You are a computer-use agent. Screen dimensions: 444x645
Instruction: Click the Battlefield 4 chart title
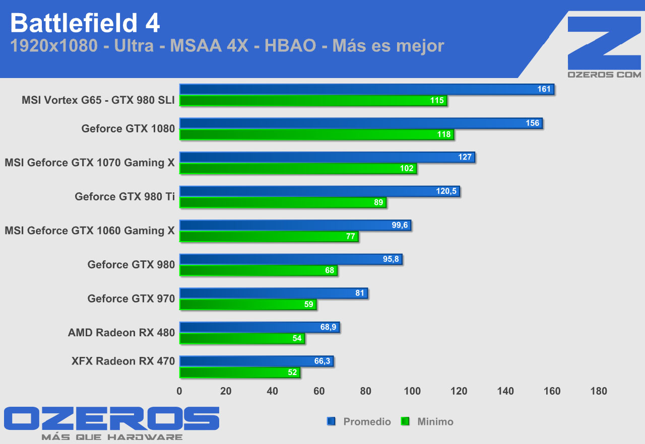85,23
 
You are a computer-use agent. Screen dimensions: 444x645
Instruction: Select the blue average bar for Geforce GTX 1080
360,123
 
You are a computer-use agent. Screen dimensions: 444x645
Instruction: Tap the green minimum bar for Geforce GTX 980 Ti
282,202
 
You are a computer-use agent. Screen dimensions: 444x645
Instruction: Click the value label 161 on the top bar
544,89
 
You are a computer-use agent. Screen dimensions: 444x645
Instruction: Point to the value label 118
444,134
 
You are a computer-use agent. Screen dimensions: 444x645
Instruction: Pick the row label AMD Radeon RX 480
121,333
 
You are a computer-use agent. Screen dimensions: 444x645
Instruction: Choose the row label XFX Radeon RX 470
123,361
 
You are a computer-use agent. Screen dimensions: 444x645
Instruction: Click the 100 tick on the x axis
412,391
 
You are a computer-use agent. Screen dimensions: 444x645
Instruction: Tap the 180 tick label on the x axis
599,391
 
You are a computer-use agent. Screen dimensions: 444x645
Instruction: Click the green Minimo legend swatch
405,421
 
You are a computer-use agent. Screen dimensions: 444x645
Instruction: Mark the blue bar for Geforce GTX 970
273,293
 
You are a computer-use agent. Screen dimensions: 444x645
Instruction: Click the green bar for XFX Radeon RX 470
239,373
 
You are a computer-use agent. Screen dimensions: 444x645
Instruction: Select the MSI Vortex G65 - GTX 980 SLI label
98,100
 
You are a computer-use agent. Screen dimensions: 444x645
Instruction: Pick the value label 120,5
446,191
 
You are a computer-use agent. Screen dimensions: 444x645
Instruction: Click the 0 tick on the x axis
179,391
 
